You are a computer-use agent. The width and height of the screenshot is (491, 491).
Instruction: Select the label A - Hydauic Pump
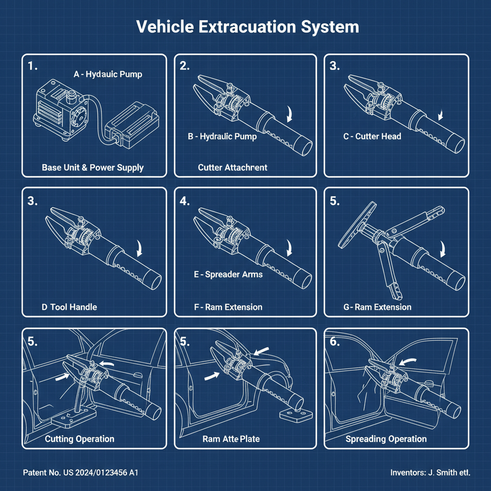(107, 74)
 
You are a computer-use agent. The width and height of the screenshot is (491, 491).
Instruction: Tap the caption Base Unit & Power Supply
(93, 167)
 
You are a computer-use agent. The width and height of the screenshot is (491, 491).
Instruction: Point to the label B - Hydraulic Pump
(222, 137)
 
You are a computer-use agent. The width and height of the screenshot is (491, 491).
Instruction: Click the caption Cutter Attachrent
(233, 167)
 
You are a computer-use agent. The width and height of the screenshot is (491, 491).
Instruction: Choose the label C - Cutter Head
(372, 137)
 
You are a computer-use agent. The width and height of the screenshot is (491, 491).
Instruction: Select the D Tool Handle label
(69, 307)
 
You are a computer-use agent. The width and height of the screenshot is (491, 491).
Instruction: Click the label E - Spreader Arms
(228, 275)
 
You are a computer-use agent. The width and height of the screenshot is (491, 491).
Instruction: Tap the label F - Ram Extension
(228, 307)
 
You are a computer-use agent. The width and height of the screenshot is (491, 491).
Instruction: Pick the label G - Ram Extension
(377, 307)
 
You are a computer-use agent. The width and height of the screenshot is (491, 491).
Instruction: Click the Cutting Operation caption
(80, 439)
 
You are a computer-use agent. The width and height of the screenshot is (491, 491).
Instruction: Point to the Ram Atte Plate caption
(231, 439)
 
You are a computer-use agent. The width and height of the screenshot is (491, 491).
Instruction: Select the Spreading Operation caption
(386, 439)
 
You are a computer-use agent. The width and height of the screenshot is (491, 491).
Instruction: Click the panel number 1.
(33, 67)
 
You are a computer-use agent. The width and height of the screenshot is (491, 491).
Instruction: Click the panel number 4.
(185, 201)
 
